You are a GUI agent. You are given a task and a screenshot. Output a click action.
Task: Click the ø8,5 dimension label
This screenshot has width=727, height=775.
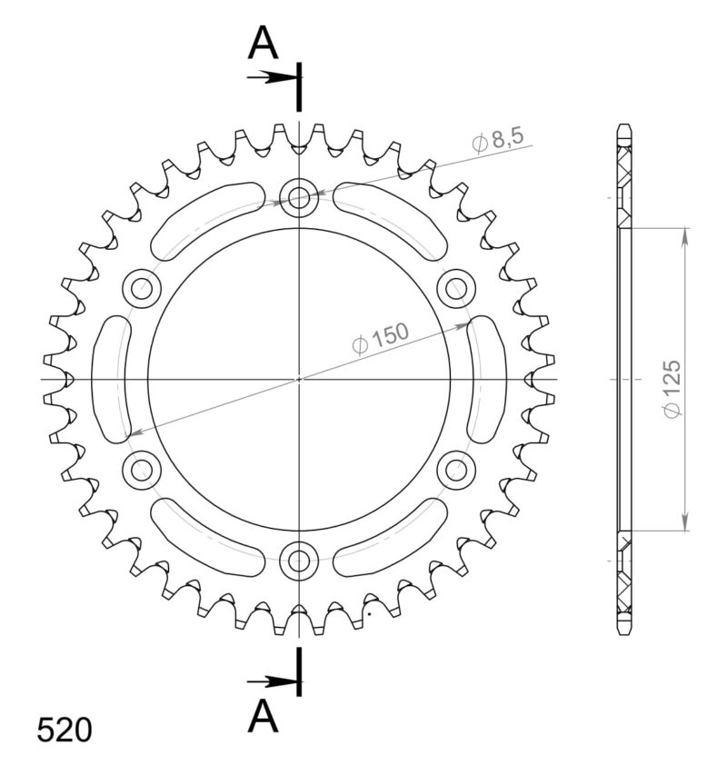[497, 140]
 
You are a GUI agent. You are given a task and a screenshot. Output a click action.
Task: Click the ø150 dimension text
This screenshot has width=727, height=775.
[381, 338]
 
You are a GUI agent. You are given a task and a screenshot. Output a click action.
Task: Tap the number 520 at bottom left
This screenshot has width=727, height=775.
[65, 730]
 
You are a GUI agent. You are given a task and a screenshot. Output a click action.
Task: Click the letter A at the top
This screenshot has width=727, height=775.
[263, 42]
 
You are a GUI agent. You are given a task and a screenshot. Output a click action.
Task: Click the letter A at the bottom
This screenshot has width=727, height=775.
[263, 717]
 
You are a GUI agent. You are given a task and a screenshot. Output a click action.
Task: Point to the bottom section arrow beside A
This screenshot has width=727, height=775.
[271, 681]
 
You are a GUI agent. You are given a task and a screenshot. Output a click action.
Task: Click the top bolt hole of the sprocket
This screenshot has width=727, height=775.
[298, 197]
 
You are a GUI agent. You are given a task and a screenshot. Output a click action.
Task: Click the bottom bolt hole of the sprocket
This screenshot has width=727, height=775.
[298, 560]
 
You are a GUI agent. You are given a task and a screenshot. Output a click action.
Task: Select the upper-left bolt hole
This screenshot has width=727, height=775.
[142, 289]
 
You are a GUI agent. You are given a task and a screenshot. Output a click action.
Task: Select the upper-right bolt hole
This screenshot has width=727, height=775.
[455, 289]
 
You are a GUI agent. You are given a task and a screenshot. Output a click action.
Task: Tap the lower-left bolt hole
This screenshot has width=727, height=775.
[142, 469]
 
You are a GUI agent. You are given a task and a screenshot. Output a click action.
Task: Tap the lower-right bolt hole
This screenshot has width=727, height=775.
[455, 469]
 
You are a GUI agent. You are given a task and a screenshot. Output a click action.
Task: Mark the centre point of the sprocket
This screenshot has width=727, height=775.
[298, 379]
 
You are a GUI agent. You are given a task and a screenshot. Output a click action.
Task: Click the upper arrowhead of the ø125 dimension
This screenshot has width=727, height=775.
[683, 234]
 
